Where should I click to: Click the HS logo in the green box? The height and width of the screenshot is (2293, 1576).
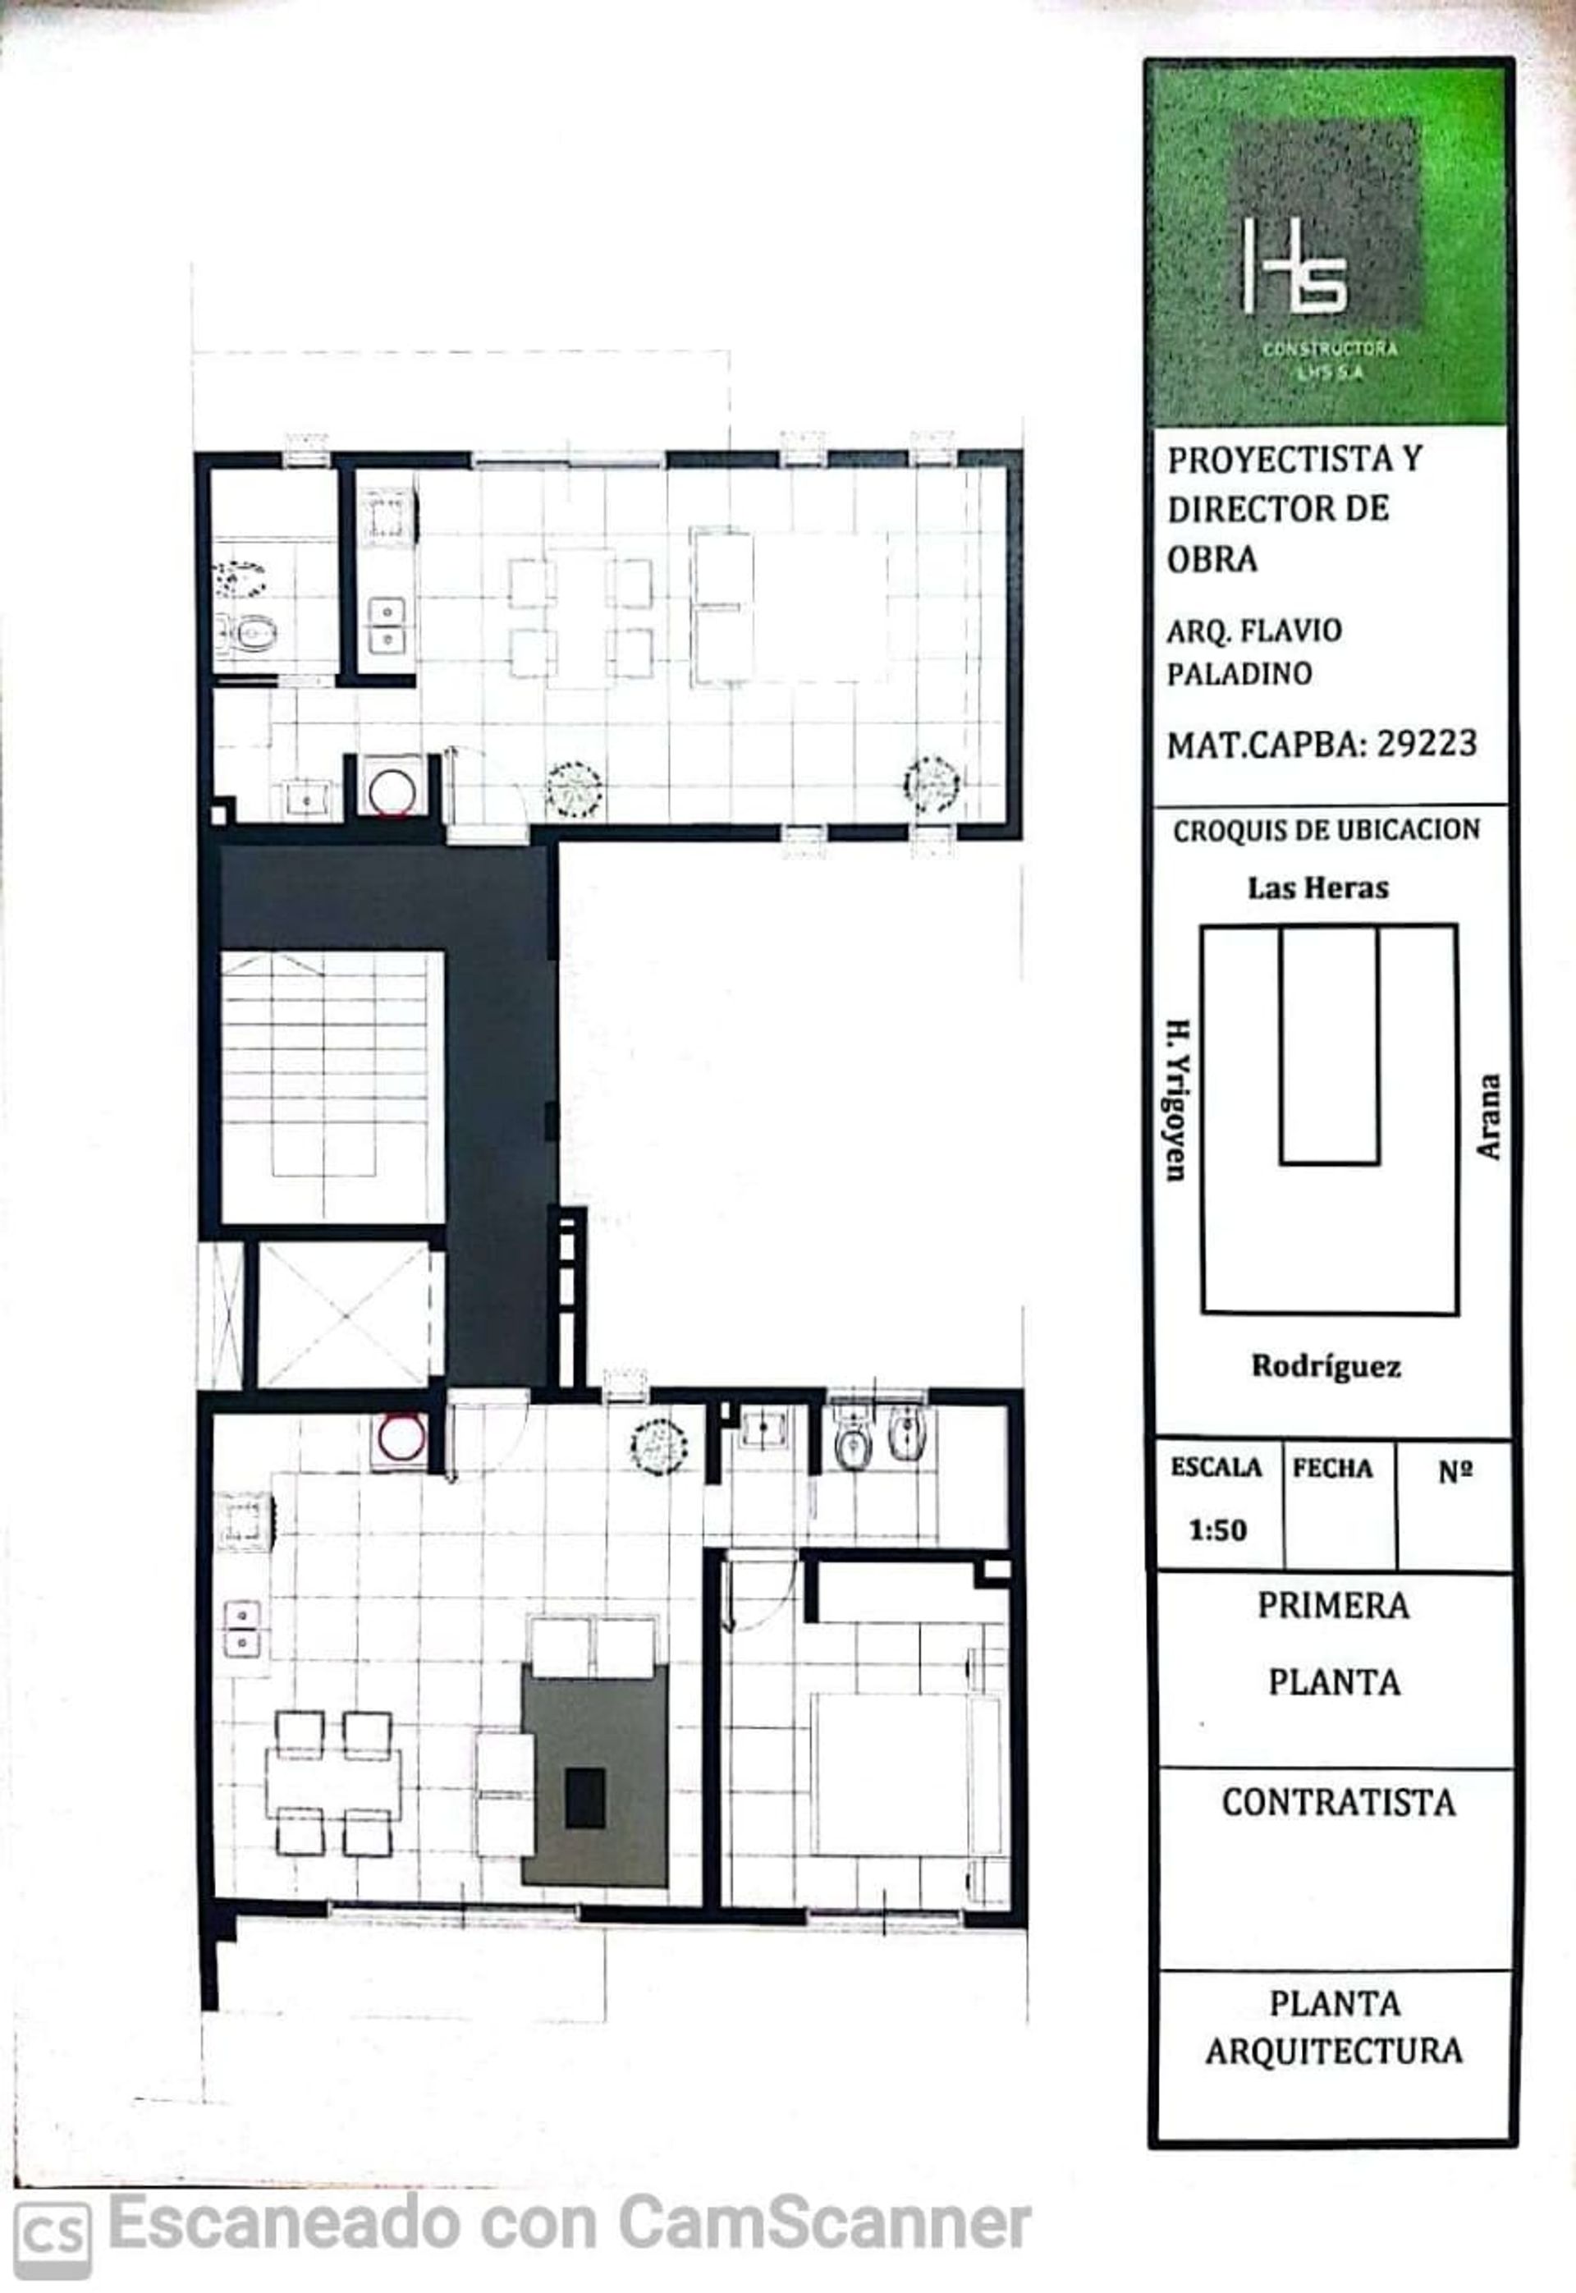click(1294, 267)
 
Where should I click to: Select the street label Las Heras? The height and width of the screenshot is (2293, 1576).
click(1317, 887)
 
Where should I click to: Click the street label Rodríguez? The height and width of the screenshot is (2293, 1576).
click(1326, 1367)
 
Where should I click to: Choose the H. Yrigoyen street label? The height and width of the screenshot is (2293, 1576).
click(1176, 1100)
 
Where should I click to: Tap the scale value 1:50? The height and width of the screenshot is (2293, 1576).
click(1217, 1530)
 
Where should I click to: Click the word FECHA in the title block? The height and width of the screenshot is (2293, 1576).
click(1332, 1470)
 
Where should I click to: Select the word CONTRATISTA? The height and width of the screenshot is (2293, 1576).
click(1338, 1803)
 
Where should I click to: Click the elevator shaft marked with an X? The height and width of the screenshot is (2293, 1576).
click(345, 1314)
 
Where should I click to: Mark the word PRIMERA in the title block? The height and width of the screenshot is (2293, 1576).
click(1333, 1606)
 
